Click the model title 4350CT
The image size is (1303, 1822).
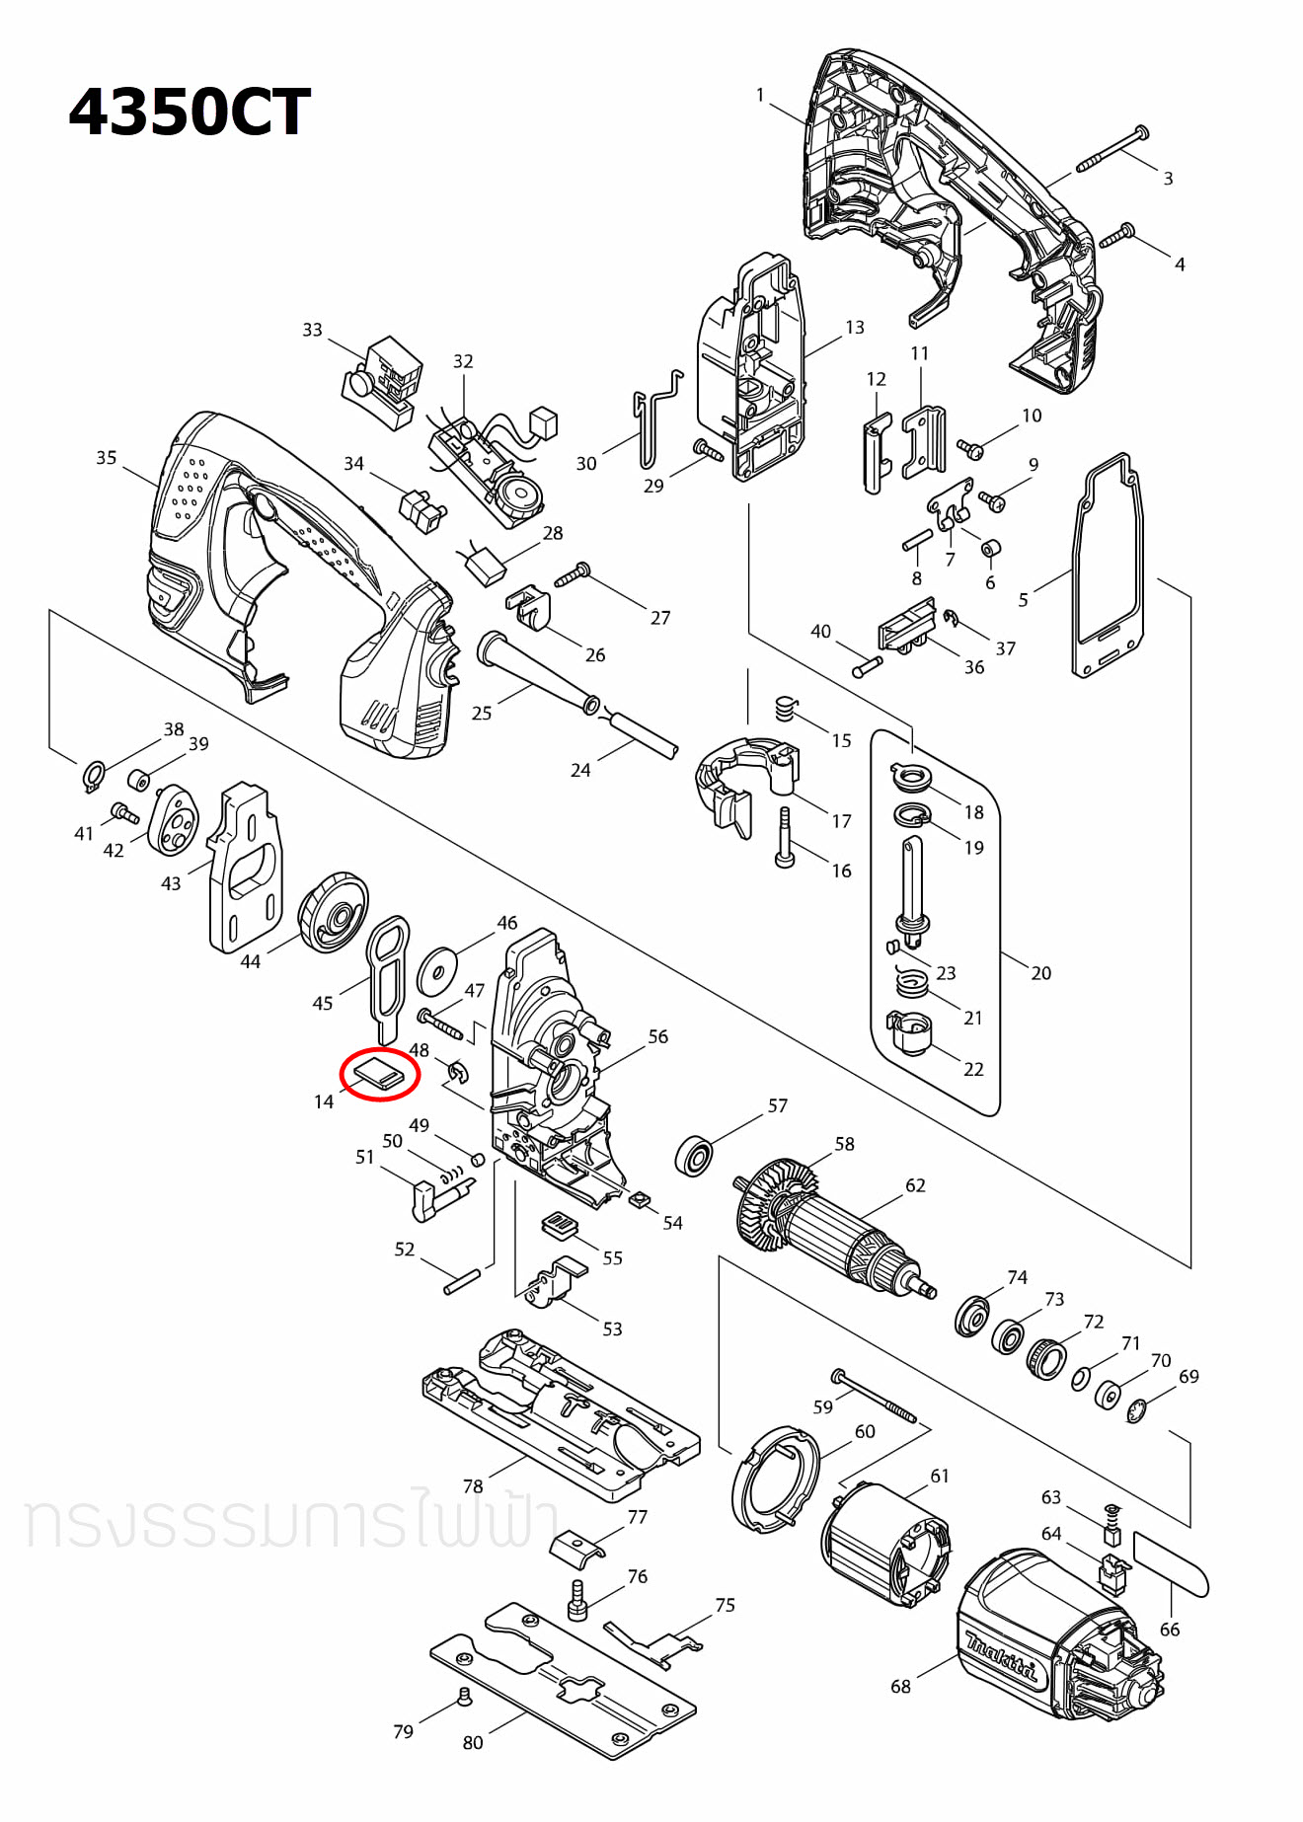190,113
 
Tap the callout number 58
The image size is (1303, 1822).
844,1144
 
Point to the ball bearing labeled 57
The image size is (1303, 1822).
695,1155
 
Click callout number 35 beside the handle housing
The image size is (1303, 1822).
106,458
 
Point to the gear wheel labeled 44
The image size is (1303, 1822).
334,913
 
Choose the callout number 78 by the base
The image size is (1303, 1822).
473,1486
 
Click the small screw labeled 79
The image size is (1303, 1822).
463,1696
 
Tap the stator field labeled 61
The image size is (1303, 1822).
881,1545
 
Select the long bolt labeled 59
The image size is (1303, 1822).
875,1396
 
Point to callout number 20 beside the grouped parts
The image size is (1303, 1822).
1040,973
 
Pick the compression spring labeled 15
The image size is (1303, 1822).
785,709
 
